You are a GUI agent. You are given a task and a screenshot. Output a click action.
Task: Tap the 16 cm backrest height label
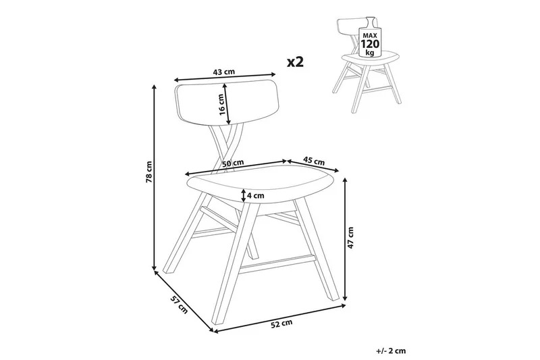coord(221,105)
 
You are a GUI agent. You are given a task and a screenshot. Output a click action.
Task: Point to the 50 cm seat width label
coord(233,164)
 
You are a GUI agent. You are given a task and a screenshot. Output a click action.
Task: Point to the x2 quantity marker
coord(296,61)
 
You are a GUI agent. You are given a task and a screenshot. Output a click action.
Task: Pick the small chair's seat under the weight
coord(366,65)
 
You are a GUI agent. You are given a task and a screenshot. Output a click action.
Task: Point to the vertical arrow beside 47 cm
coord(346,240)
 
